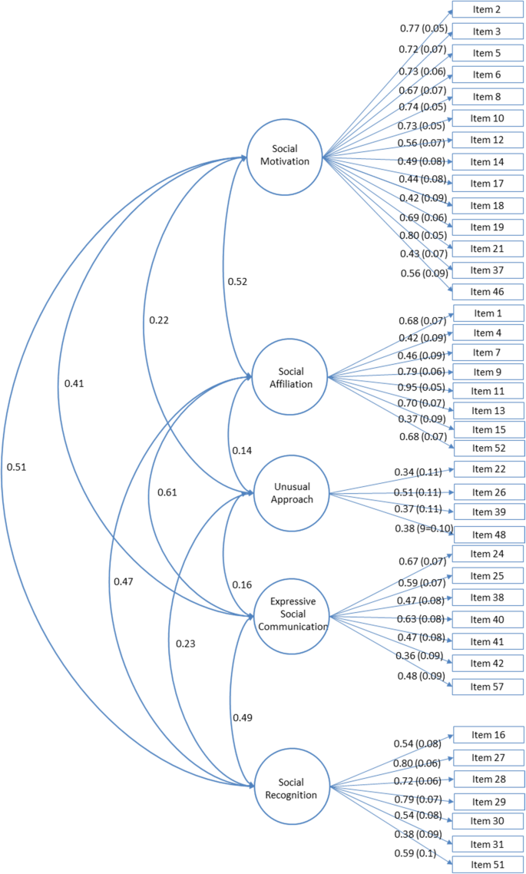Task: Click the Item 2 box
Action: (x=487, y=9)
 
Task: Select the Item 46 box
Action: (x=487, y=291)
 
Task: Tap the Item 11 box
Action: (x=487, y=390)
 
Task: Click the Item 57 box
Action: (x=487, y=686)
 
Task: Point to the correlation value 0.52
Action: (x=237, y=281)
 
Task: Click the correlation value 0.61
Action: (x=167, y=492)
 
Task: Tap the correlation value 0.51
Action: (x=18, y=465)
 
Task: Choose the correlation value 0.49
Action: (x=243, y=717)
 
